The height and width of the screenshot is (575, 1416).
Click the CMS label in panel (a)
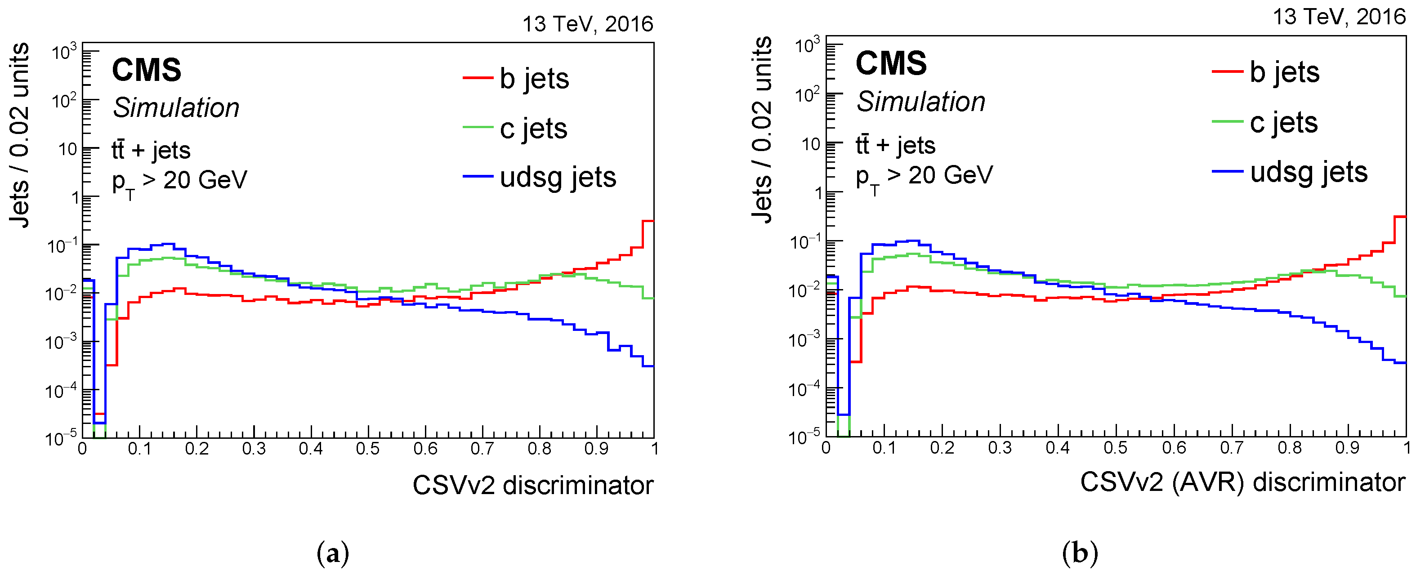click(146, 71)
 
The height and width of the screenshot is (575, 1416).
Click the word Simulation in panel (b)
click(921, 102)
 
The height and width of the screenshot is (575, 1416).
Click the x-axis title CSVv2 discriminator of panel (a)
click(533, 485)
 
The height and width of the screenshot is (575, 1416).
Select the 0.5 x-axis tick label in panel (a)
click(368, 449)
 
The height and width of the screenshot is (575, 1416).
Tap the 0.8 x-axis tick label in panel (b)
click(1289, 447)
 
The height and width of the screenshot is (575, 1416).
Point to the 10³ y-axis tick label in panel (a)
click(64, 53)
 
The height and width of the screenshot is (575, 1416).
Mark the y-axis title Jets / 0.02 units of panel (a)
click(20, 135)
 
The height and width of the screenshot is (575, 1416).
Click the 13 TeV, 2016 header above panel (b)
click(1339, 17)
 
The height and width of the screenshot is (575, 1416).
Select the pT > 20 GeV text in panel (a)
click(179, 182)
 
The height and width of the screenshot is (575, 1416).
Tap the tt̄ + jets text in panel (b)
click(895, 145)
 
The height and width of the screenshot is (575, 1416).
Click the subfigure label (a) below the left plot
click(333, 553)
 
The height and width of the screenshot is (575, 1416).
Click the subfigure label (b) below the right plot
click(1080, 553)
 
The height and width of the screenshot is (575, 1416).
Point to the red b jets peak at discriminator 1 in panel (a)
click(648, 222)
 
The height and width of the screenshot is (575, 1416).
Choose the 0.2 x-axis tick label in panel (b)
click(942, 447)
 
